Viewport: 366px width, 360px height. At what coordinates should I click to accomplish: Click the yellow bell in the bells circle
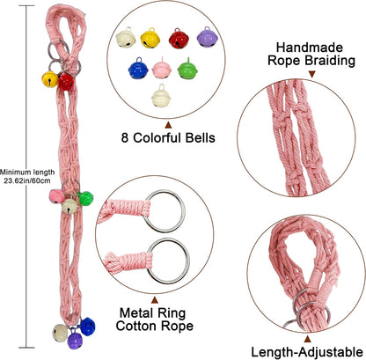coord(150,38)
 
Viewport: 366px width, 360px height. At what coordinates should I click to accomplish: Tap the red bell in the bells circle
coord(179,38)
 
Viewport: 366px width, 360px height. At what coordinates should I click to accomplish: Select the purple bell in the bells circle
coord(208,37)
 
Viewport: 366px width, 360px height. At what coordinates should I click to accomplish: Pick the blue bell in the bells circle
coord(138,68)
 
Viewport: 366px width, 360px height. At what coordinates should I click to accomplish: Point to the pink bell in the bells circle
coord(162,68)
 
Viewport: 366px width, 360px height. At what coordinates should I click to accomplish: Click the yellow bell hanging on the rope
coord(50,79)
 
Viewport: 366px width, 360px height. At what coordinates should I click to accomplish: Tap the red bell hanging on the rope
coord(66,81)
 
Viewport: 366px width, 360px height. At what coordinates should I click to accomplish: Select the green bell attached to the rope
coord(85,198)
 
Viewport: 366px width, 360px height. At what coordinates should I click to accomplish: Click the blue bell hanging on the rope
coord(88,327)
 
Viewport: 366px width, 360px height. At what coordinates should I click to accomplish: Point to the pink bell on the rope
coord(56,196)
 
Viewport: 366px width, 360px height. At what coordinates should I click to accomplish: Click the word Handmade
coord(310,48)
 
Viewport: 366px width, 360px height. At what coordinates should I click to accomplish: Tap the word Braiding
coord(330,61)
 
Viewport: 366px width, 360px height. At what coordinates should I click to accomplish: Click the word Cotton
coord(135,326)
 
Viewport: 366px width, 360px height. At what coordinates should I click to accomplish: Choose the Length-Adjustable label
coord(307,352)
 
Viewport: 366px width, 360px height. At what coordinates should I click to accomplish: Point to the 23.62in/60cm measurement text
coord(27,180)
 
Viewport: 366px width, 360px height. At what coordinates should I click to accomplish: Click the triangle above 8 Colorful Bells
coord(168,125)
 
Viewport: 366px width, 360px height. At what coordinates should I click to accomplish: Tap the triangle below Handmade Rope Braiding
coord(312,74)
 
